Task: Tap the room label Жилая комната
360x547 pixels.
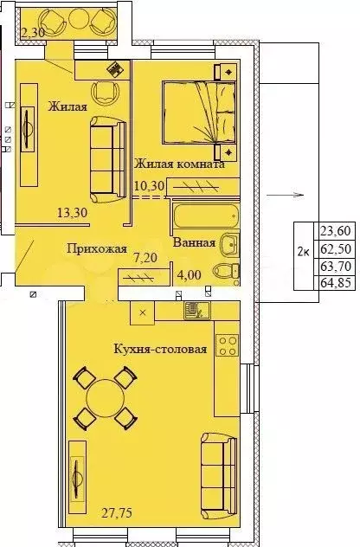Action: [179, 164]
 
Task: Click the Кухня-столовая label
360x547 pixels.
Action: [160, 350]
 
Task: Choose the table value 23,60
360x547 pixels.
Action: [337, 231]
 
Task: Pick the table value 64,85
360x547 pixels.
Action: [337, 281]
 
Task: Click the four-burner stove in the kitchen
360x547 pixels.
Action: [227, 346]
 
